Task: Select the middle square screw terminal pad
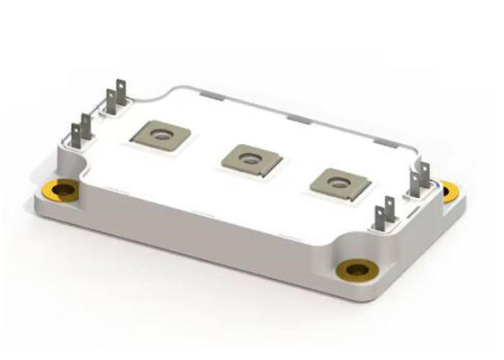[x=250, y=158]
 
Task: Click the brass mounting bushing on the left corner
[x=65, y=191]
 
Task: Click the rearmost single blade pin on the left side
[x=111, y=99]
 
